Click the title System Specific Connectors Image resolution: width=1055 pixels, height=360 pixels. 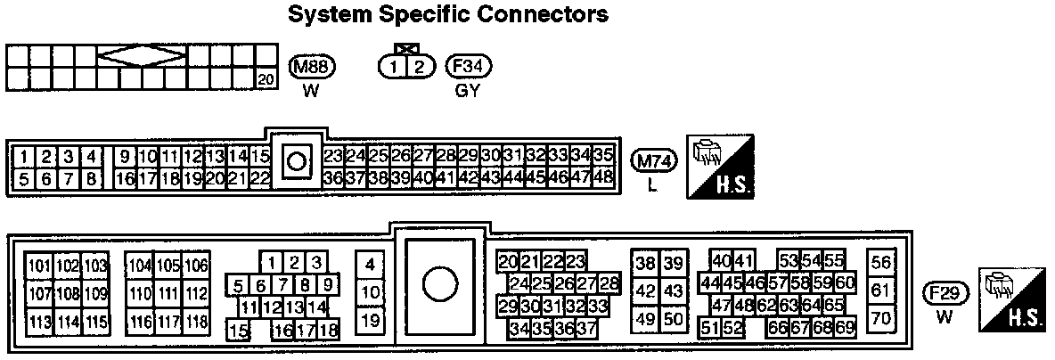[448, 14]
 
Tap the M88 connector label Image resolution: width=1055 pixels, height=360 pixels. [311, 67]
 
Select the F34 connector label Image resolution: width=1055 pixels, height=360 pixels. [469, 67]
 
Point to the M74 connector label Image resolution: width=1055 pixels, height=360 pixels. [655, 161]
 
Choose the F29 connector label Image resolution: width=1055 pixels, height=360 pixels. [945, 293]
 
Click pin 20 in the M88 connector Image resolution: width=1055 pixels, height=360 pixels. [266, 80]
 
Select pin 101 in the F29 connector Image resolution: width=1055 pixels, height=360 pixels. [39, 266]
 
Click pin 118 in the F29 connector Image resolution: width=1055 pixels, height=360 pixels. [197, 322]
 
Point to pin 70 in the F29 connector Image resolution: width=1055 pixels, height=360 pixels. [881, 316]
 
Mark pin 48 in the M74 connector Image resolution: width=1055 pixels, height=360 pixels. [604, 176]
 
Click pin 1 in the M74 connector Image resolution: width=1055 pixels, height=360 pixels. [26, 157]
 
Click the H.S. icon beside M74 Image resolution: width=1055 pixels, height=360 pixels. [720, 166]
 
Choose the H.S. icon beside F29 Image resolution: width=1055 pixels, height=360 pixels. [1014, 300]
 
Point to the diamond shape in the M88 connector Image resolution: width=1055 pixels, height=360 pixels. [142, 55]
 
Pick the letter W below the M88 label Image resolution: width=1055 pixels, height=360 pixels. [310, 90]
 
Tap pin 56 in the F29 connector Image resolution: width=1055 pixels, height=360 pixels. [881, 262]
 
